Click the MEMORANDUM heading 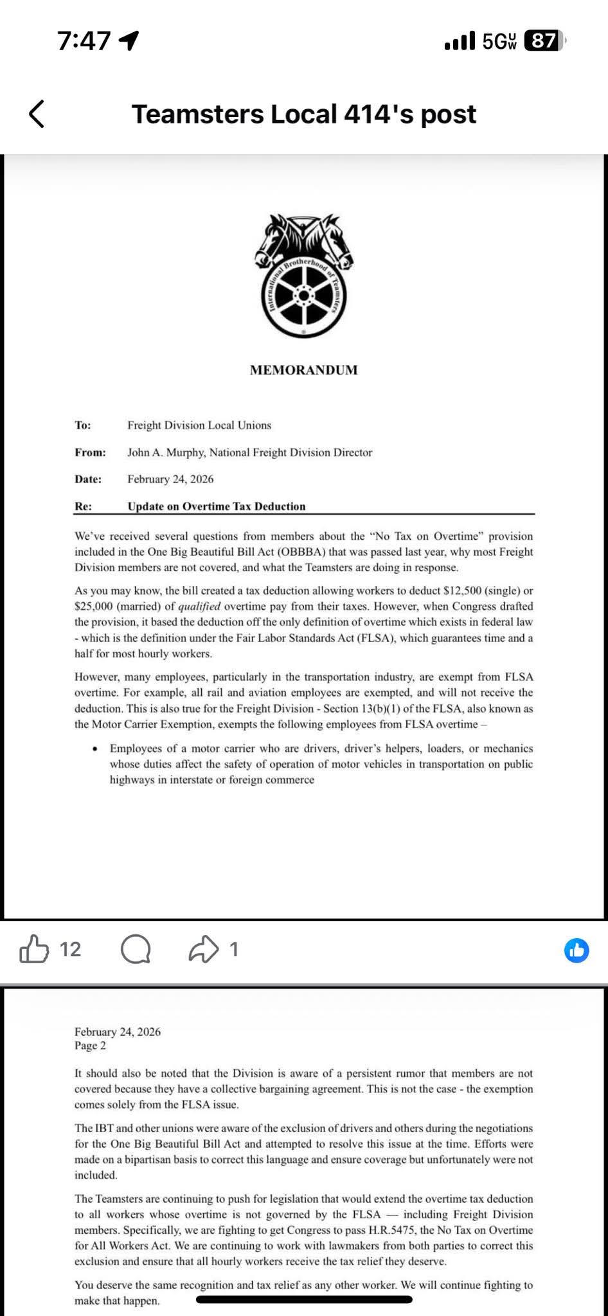[303, 370]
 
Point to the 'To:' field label [83, 425]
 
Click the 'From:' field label [90, 452]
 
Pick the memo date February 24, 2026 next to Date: [170, 479]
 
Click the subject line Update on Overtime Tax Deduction [217, 506]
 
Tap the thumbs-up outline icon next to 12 [34, 950]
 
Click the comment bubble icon [136, 950]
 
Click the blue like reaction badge [577, 950]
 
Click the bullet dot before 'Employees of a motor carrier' [95, 749]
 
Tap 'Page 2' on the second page [90, 1045]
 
